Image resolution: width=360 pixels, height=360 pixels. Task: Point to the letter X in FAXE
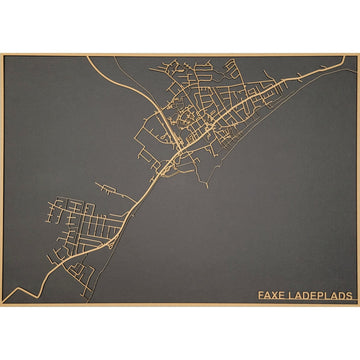click(275, 295)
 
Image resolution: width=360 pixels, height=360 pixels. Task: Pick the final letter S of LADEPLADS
click(351, 295)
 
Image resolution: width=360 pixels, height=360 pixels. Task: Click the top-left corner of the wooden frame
click(2, 55)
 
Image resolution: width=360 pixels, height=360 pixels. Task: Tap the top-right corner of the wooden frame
click(358, 55)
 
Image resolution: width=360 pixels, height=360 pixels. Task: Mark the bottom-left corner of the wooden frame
click(2, 305)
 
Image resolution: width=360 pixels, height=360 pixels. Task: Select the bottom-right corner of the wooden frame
click(358, 305)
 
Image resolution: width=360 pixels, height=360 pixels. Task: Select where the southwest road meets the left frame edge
click(4, 298)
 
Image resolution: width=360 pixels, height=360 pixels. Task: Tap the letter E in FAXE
click(282, 295)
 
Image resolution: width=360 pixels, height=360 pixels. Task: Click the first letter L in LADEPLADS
click(291, 295)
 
